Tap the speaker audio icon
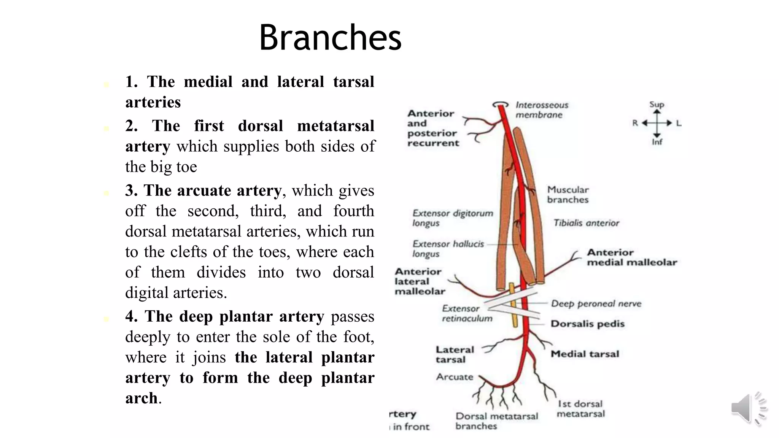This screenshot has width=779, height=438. (747, 408)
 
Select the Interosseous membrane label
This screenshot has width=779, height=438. (541, 110)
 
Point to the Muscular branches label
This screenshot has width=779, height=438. (568, 195)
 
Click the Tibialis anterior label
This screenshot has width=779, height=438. (586, 223)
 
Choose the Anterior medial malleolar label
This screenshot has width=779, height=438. (631, 257)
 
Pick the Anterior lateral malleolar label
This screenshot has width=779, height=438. (419, 281)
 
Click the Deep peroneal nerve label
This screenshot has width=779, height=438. (596, 303)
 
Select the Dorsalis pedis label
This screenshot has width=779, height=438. (587, 324)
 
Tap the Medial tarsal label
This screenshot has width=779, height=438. (585, 354)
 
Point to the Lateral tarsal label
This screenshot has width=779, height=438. (454, 354)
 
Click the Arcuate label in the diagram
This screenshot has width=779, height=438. (455, 377)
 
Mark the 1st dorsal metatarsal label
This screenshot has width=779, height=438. (580, 409)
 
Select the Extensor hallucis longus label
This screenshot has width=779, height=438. (448, 249)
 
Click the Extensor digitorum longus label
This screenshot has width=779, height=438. (452, 218)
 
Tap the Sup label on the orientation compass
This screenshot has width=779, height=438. (657, 105)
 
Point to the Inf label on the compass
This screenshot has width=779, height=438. (657, 142)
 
